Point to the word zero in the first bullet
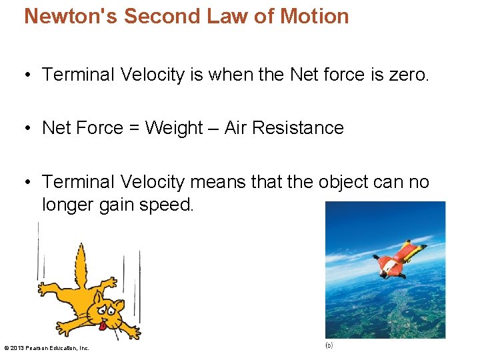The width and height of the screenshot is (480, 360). [408, 75]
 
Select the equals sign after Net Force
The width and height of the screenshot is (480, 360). [134, 128]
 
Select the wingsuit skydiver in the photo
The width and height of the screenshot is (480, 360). [398, 261]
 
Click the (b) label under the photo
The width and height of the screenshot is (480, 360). [329, 345]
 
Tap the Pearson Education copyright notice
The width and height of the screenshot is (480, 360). [47, 348]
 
